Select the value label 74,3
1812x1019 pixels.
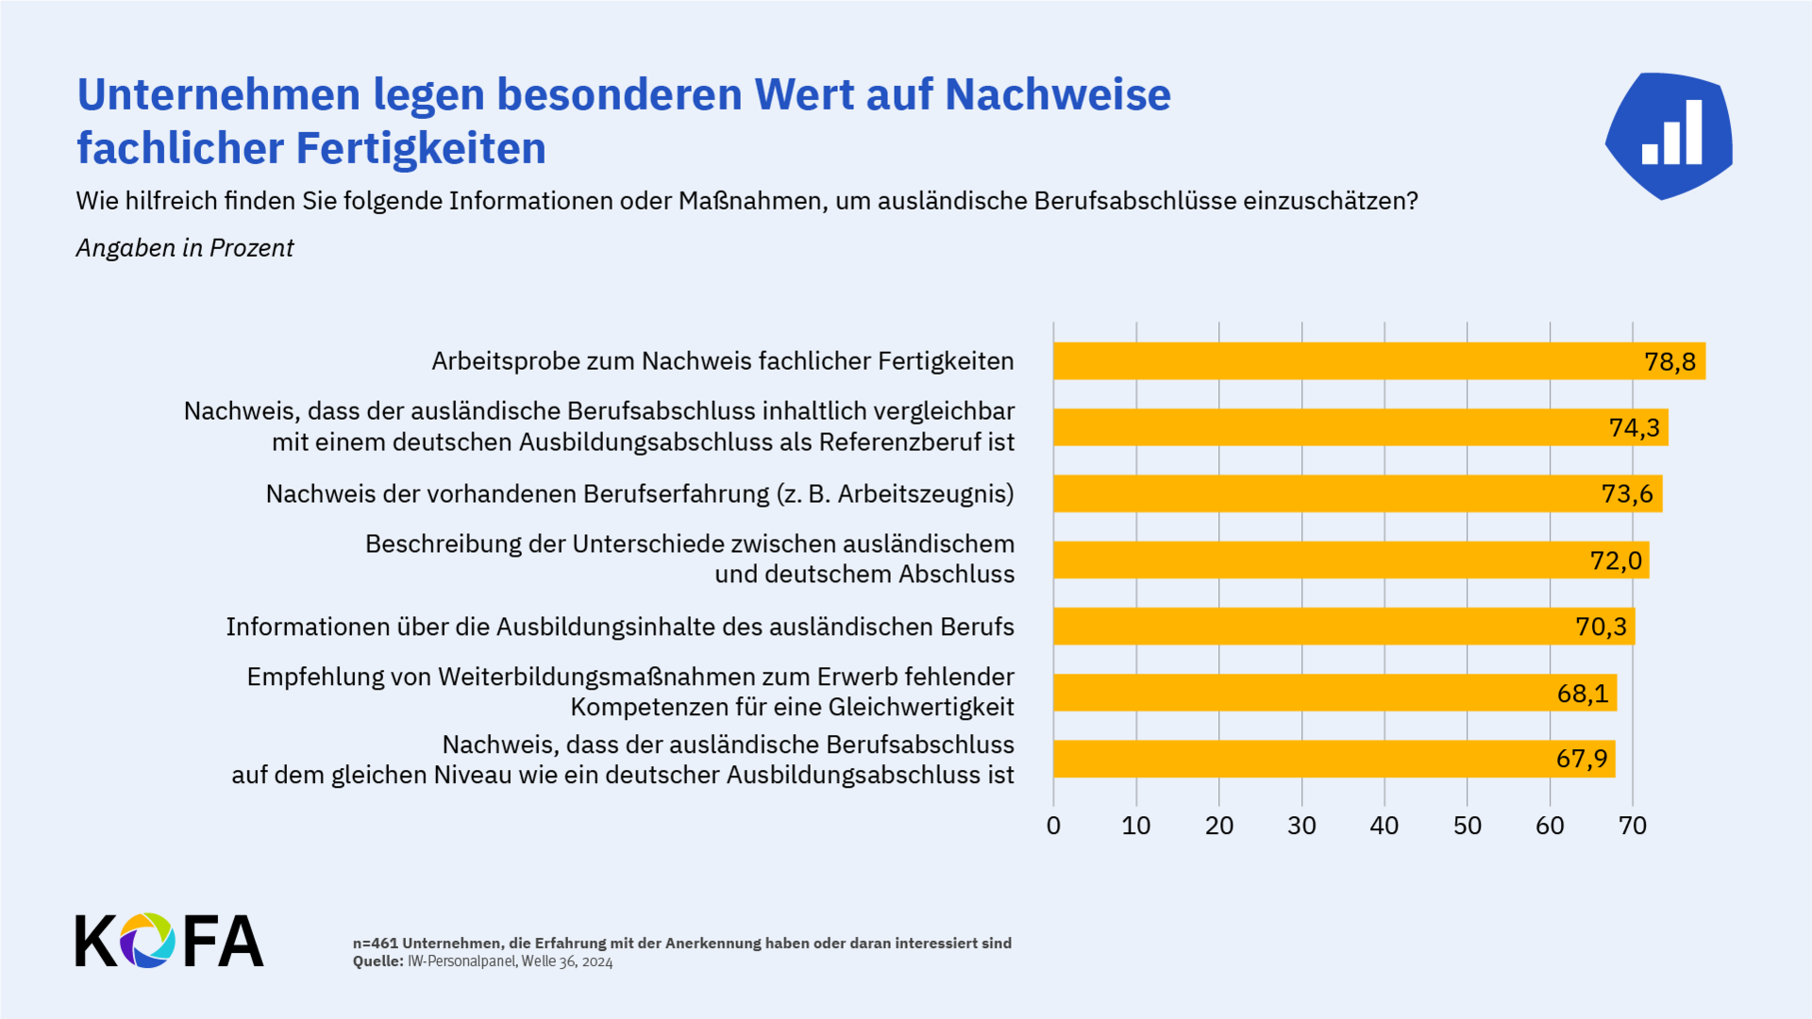click(x=1634, y=428)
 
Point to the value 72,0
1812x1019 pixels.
click(x=1616, y=561)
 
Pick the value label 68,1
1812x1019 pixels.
click(x=1583, y=693)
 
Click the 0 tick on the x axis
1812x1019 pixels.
click(x=1053, y=827)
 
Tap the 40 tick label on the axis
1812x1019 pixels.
click(x=1384, y=827)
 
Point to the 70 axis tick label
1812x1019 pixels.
click(x=1632, y=827)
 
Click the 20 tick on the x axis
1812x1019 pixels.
click(x=1218, y=827)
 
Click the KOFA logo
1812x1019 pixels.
click(x=169, y=941)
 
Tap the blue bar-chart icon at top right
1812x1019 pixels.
click(x=1669, y=136)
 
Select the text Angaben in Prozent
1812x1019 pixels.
click(x=185, y=248)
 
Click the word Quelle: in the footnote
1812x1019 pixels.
click(x=377, y=961)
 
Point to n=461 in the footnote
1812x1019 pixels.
click(x=375, y=944)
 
